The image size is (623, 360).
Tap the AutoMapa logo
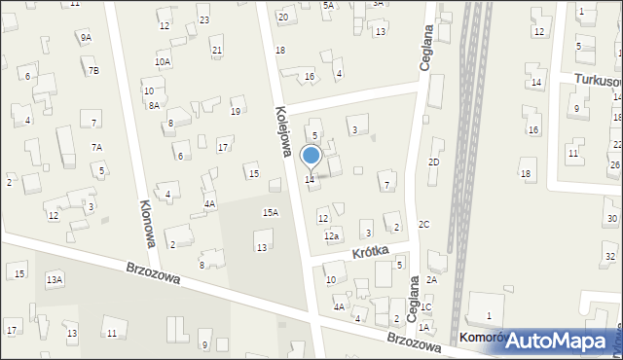(559, 341)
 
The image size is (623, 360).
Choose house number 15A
(271, 212)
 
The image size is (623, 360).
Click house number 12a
(331, 236)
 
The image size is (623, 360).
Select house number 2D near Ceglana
(434, 162)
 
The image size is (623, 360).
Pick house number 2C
(423, 224)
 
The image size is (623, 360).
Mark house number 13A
(55, 280)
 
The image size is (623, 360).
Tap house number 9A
(86, 37)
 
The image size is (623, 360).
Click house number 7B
(93, 70)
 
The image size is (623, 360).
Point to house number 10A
(163, 61)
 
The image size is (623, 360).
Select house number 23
(203, 19)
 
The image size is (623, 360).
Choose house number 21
(216, 51)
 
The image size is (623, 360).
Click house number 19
(235, 112)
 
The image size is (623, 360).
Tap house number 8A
(154, 105)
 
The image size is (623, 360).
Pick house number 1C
(425, 307)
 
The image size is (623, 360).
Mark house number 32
(609, 256)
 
